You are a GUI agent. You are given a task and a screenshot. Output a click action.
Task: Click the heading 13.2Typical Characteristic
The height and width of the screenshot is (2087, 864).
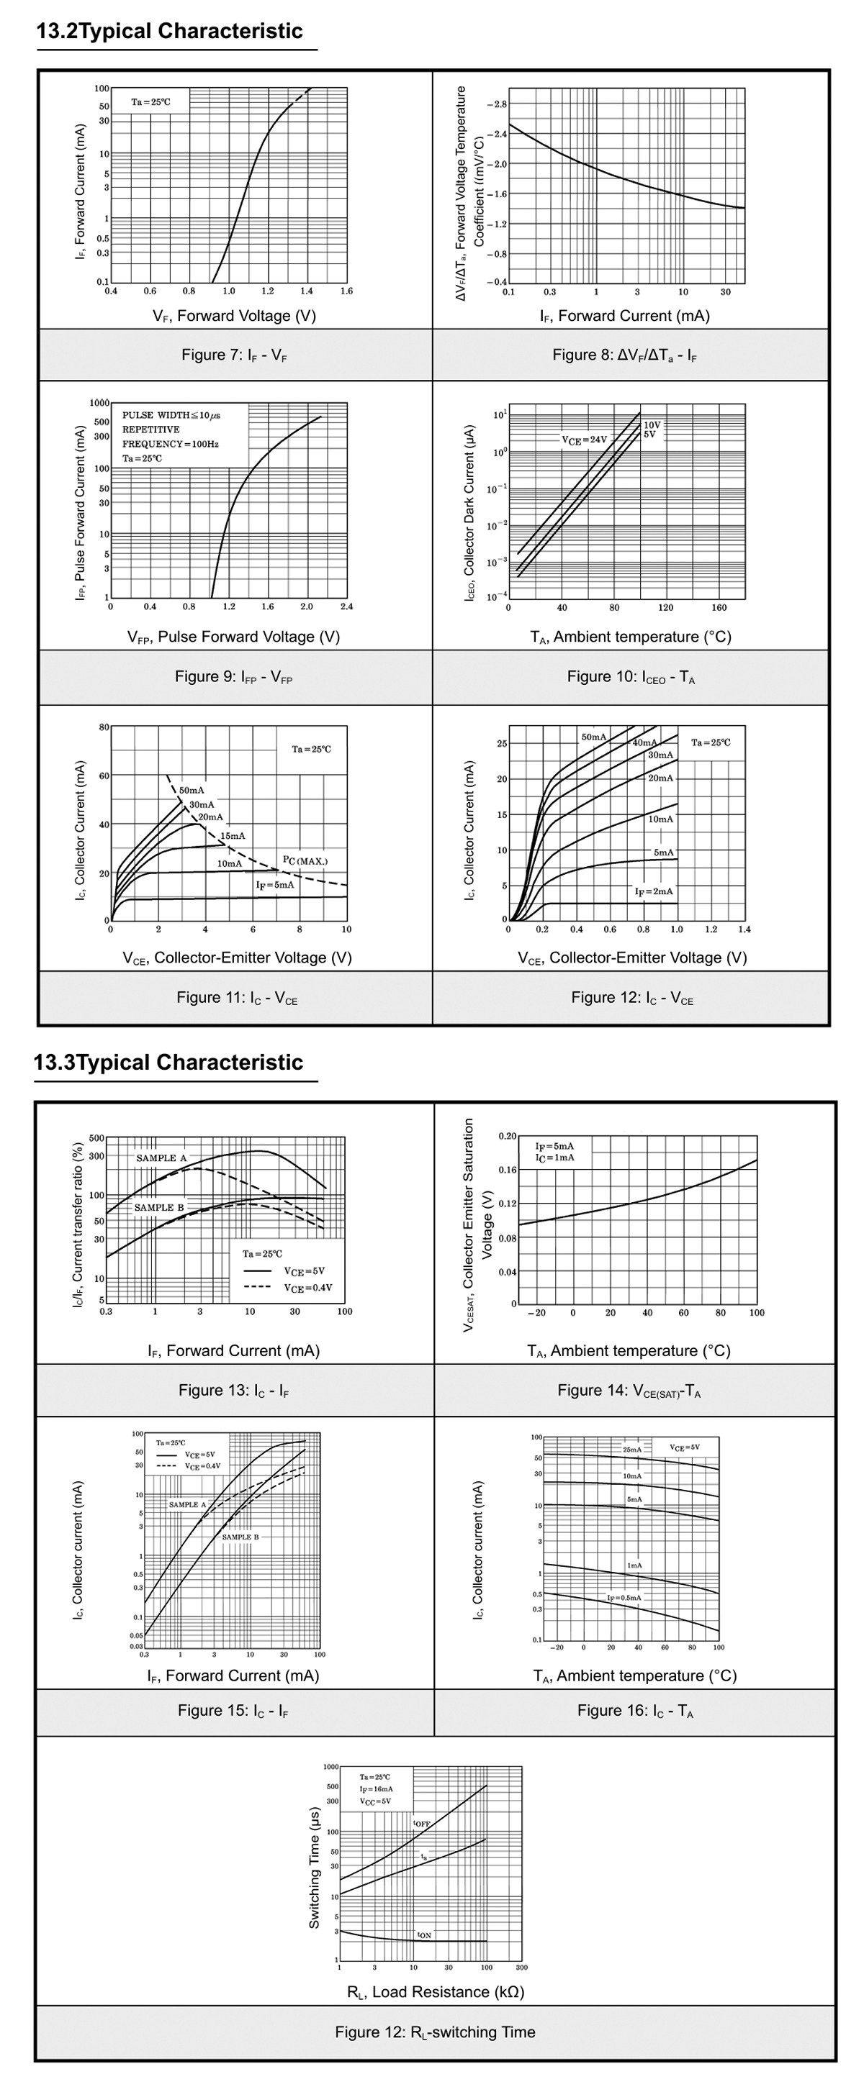click(x=170, y=32)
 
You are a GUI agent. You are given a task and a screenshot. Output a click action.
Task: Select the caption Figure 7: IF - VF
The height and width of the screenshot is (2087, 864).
click(x=234, y=355)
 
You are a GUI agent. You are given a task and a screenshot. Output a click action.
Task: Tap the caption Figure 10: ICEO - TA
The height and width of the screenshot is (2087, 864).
click(x=631, y=676)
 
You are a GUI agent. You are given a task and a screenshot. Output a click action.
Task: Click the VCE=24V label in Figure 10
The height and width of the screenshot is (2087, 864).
click(x=584, y=440)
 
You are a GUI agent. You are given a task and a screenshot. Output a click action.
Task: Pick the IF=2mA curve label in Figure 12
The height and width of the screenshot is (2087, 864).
click(x=653, y=891)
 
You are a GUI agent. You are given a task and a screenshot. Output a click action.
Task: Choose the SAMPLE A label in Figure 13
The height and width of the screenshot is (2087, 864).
click(x=161, y=1158)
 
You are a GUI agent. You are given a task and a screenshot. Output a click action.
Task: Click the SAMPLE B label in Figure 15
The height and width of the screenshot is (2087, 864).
click(x=240, y=1536)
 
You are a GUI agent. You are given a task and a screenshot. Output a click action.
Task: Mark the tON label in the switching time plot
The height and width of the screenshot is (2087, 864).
click(x=424, y=1934)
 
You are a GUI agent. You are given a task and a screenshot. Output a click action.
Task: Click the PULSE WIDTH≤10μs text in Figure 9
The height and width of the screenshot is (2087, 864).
click(x=171, y=415)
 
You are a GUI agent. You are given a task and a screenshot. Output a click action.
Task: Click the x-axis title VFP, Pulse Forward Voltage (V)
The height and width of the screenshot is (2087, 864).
click(x=233, y=637)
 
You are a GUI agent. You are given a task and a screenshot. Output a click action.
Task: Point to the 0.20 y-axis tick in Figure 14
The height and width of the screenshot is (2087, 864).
click(x=508, y=1136)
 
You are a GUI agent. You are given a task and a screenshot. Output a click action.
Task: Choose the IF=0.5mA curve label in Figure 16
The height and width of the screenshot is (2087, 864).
click(x=624, y=1597)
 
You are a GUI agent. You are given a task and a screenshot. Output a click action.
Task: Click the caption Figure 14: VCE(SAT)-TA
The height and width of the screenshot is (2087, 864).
click(x=629, y=1390)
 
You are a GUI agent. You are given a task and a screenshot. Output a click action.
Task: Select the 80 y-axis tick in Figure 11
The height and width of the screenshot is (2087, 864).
click(x=104, y=727)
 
